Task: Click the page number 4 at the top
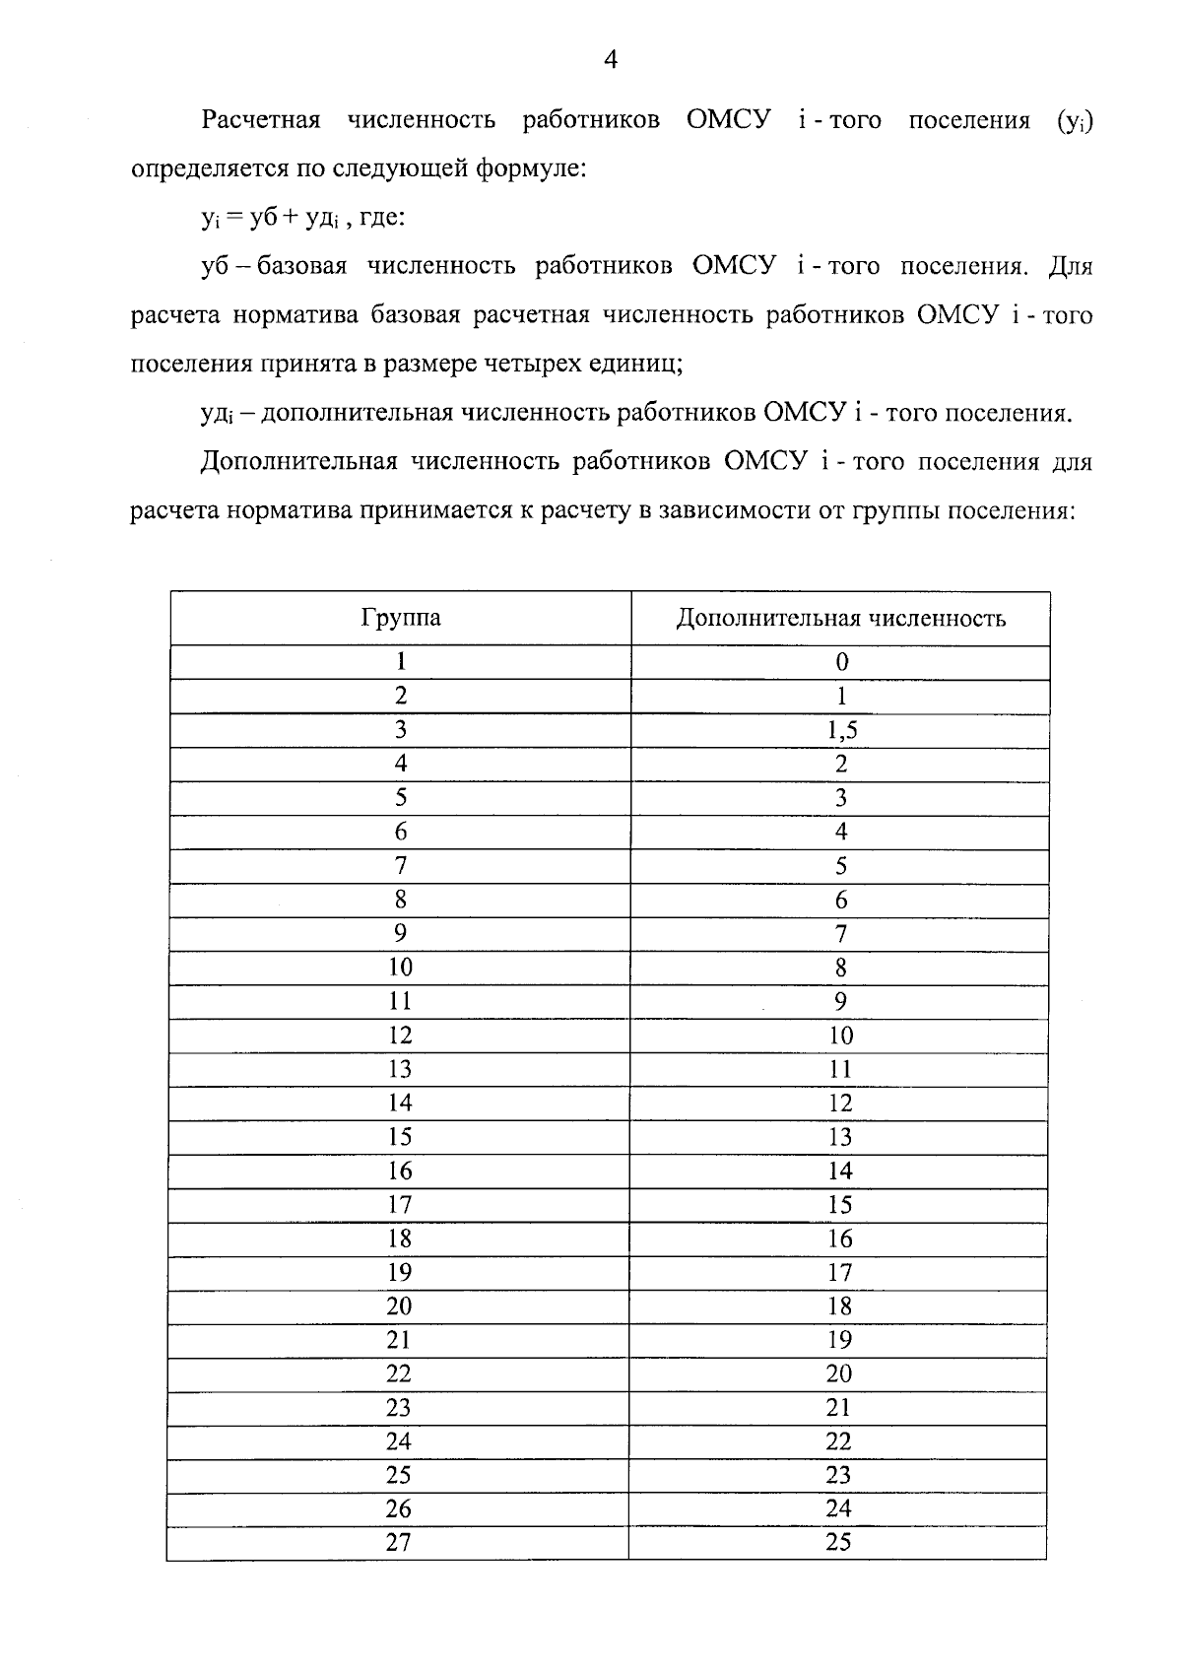click(610, 61)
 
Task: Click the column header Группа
click(400, 618)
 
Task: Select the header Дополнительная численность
click(840, 618)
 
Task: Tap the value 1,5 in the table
click(840, 730)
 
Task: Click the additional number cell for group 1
click(841, 662)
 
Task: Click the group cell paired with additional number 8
click(400, 968)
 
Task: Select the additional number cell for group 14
click(840, 1103)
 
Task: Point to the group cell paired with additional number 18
click(400, 1305)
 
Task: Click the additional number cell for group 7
click(840, 866)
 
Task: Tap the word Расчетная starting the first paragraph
click(261, 120)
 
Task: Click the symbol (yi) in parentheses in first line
click(1074, 122)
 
